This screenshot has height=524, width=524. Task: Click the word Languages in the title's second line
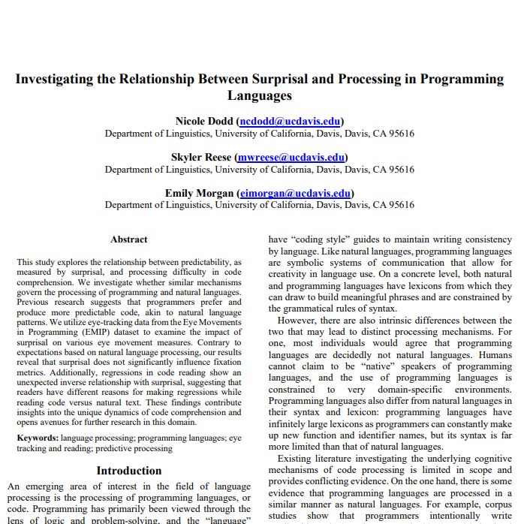259,95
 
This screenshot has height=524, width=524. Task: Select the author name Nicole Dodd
204,121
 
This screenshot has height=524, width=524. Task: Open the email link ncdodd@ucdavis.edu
290,121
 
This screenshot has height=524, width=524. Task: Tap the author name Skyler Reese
201,157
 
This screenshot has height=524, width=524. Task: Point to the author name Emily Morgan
199,193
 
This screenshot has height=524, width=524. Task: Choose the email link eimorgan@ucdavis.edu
295,193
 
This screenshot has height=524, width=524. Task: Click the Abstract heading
129,239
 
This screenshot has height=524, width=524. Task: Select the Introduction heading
129,471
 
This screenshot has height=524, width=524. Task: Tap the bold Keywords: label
38,437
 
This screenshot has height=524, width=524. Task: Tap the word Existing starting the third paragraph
298,459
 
